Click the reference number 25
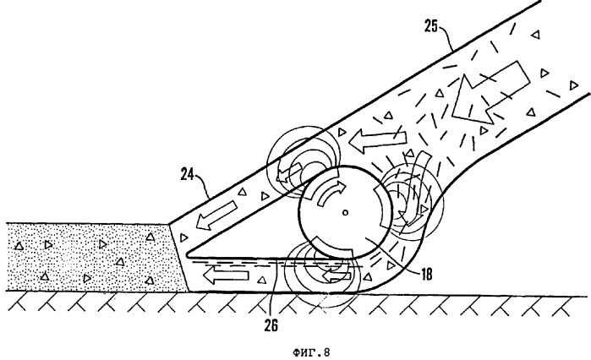432,25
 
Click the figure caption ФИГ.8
295,343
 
